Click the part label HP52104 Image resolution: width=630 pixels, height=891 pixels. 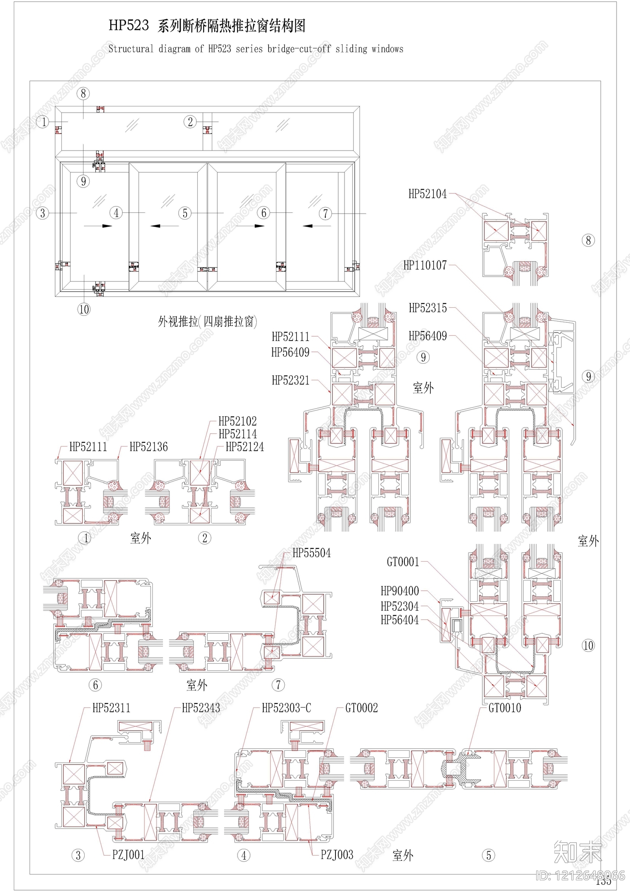427,194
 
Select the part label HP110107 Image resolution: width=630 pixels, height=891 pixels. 425,265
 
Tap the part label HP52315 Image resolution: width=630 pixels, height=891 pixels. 428,308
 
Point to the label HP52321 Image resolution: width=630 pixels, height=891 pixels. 291,380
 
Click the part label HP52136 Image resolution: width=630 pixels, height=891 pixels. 148,447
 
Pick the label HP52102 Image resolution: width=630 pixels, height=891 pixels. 237,421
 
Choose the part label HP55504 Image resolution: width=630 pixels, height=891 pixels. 311,553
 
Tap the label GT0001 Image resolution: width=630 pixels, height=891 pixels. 403,562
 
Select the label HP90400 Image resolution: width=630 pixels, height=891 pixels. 400,591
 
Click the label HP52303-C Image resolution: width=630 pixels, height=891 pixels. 286,708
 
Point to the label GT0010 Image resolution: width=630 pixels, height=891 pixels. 504,708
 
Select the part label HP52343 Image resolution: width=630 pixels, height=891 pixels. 201,708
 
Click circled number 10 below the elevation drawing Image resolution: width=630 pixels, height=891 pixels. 83,309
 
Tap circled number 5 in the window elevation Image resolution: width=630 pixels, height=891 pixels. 185,213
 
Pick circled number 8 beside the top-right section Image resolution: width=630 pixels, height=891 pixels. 588,240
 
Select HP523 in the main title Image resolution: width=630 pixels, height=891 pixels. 129,26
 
